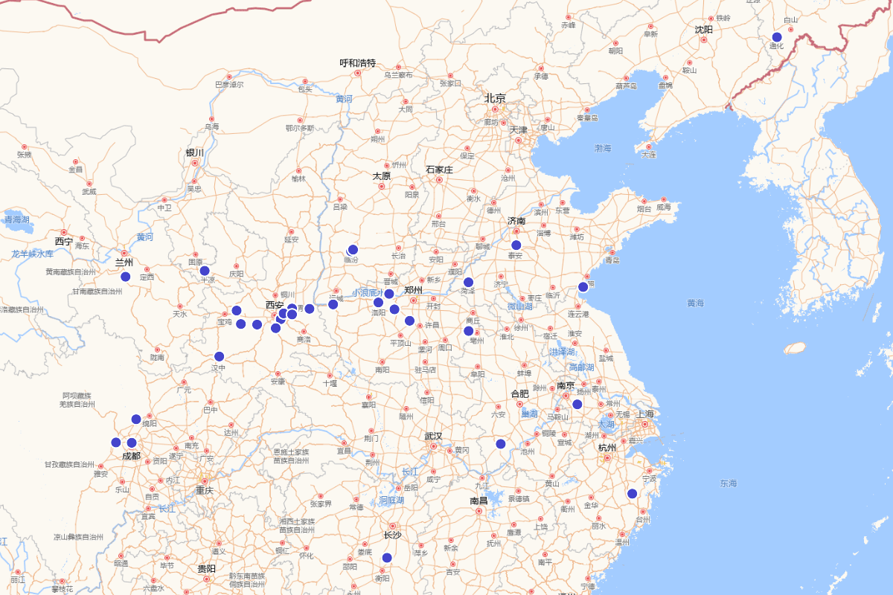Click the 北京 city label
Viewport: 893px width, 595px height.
point(496,98)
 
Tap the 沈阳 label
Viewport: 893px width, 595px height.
point(704,30)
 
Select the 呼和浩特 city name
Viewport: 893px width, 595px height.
point(358,63)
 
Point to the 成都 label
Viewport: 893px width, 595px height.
point(131,456)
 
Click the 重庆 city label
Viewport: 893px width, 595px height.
point(205,490)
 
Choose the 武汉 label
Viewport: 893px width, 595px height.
point(433,437)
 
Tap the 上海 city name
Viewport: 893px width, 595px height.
point(645,414)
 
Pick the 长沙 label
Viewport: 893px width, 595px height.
point(392,535)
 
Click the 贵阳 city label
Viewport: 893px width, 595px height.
point(206,568)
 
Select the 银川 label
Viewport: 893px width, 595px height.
point(195,152)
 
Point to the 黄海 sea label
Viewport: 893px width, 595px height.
point(695,303)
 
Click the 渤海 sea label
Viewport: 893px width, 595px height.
point(603,149)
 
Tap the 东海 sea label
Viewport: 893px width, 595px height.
point(729,483)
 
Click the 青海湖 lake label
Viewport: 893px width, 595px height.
point(17,219)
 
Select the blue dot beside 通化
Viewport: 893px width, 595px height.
point(777,37)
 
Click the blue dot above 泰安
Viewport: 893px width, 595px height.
point(516,245)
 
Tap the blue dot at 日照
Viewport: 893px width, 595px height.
point(583,287)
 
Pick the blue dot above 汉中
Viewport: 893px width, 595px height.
point(220,356)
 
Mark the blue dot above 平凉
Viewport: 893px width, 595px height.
point(205,271)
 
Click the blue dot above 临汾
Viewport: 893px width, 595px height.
point(353,250)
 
